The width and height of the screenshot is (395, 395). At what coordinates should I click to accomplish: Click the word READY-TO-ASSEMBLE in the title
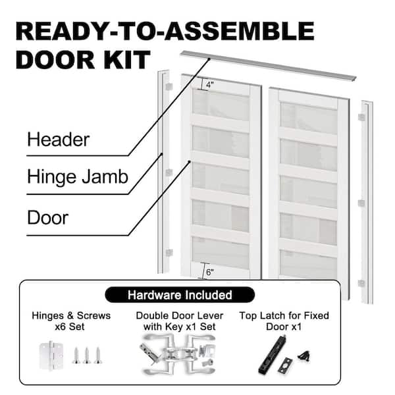pos(165,30)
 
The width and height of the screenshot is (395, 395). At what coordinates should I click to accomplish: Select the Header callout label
pos(58,140)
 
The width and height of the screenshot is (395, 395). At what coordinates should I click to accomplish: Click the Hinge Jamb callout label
pos(78,176)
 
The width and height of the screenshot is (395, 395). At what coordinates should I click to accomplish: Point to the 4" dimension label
pos(209,85)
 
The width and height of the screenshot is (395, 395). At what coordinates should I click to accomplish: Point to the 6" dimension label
pos(209,271)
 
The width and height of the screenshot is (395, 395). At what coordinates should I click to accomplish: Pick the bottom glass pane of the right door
pos(308,263)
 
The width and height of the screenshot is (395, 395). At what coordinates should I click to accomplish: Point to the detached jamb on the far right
pos(366,197)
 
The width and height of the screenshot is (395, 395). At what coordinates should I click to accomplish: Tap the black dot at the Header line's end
pos(209,59)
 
